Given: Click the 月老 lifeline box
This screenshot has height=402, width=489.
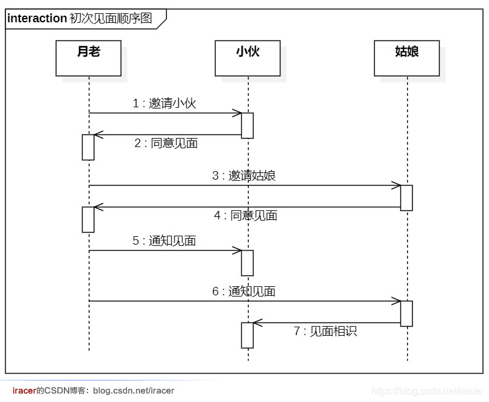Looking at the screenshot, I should click(88, 58).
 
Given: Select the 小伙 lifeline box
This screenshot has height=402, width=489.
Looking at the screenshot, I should click(247, 58).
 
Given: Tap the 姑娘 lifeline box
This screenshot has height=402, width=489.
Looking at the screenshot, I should click(406, 58).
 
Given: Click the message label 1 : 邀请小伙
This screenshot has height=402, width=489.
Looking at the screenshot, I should click(165, 104).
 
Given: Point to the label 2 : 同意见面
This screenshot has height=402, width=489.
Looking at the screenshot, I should click(166, 143).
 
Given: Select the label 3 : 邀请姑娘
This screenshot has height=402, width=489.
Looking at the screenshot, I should click(244, 176).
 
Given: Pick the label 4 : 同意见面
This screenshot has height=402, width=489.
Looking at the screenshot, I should click(246, 216).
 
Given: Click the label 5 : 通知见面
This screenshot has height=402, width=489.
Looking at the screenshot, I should click(165, 241).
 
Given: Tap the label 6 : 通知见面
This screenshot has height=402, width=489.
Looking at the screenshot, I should click(244, 292).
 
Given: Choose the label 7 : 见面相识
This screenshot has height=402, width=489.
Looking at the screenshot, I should click(326, 331).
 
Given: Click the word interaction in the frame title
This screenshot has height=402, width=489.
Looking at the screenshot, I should click(37, 19).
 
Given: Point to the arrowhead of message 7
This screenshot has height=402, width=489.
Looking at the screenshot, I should click(257, 323).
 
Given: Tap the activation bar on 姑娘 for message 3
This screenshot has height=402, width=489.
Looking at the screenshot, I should click(406, 198).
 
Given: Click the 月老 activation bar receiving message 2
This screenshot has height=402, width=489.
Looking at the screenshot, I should click(88, 147).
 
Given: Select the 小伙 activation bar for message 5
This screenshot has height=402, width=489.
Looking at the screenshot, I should click(247, 263).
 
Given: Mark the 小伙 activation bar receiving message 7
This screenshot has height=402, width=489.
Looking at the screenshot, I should click(247, 335).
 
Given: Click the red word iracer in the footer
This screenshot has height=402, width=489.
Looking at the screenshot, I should click(24, 391).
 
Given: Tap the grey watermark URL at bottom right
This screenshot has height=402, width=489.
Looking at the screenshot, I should click(427, 391).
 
